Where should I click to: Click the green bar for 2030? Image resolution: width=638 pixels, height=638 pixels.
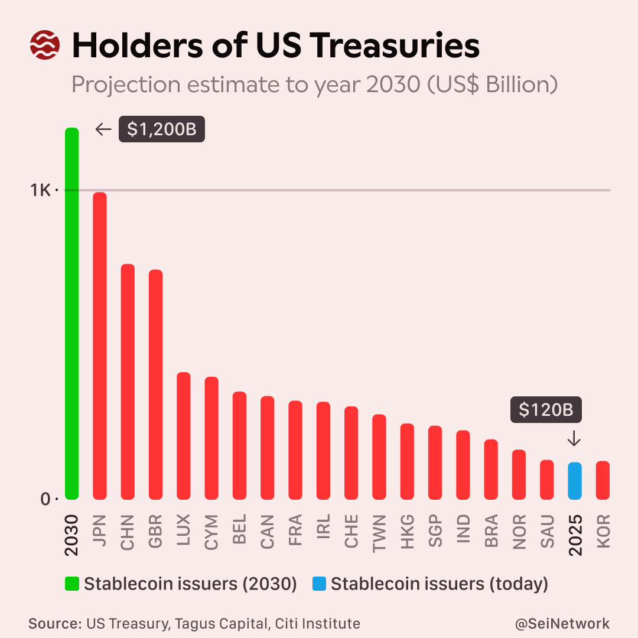click(x=71, y=313)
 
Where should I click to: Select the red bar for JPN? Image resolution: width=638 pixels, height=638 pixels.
click(x=100, y=346)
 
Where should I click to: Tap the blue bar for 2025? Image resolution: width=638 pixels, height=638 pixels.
click(x=575, y=481)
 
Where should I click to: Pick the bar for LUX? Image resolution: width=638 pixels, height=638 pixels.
click(x=184, y=436)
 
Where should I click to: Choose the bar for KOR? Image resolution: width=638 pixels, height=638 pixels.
click(x=603, y=480)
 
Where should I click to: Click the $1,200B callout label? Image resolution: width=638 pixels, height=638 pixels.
click(x=161, y=129)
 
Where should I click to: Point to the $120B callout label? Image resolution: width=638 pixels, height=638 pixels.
click(x=546, y=410)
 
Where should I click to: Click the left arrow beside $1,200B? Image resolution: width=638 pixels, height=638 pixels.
click(x=103, y=129)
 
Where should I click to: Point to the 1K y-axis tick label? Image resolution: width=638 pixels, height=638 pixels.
click(x=41, y=190)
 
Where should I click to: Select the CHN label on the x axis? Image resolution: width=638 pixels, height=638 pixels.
click(x=128, y=533)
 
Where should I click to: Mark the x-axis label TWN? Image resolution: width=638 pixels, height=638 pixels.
click(x=379, y=533)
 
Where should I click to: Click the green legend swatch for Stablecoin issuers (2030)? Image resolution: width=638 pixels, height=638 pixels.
click(x=71, y=584)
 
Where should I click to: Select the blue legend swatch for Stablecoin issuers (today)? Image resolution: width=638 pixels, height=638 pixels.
click(x=318, y=584)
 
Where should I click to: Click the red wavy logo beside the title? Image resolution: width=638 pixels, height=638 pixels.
click(x=44, y=45)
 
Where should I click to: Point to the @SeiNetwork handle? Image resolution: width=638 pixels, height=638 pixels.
click(x=562, y=623)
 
